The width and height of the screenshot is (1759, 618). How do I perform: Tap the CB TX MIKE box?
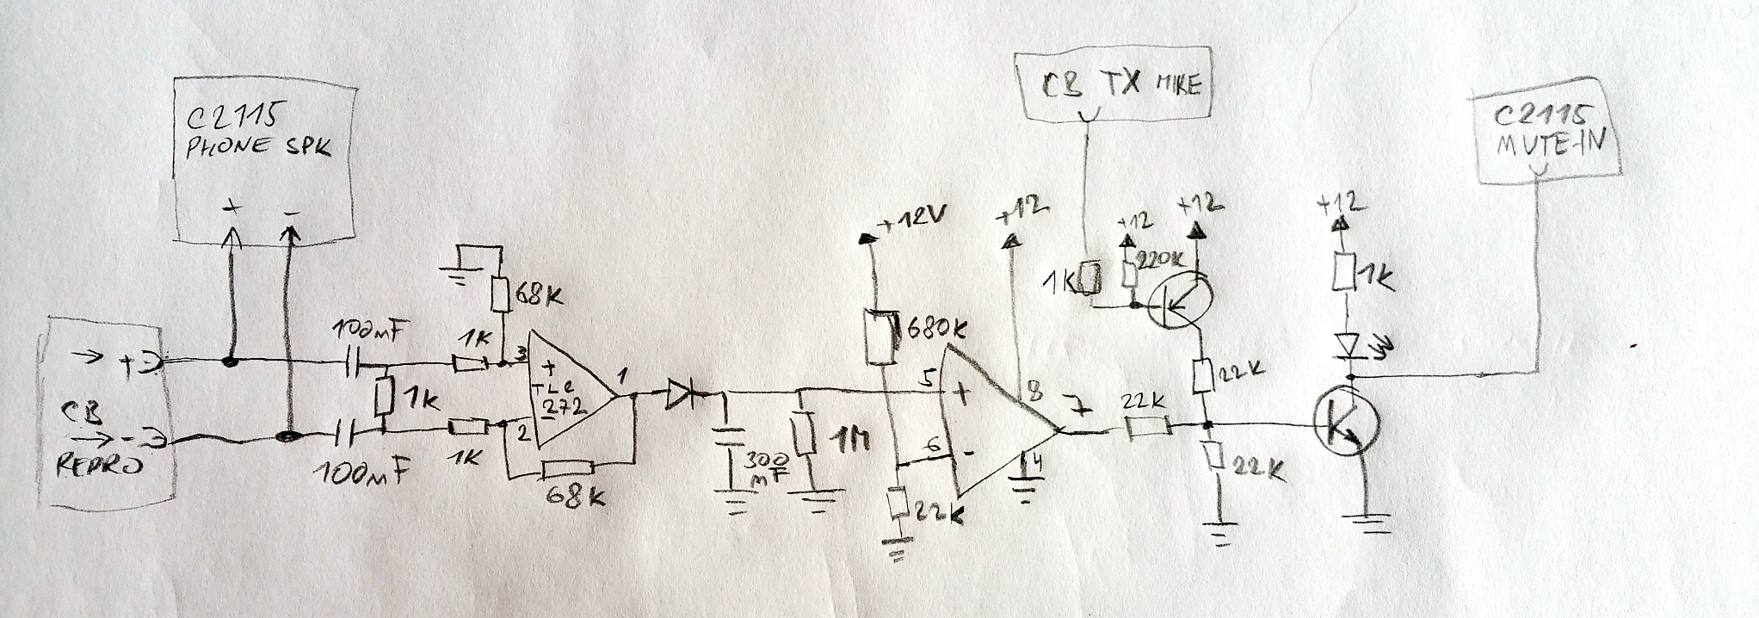pyautogui.click(x=1114, y=85)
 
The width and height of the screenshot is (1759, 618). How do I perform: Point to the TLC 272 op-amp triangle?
pyautogui.click(x=568, y=392)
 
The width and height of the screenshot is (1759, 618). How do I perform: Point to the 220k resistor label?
pyautogui.click(x=1161, y=258)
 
